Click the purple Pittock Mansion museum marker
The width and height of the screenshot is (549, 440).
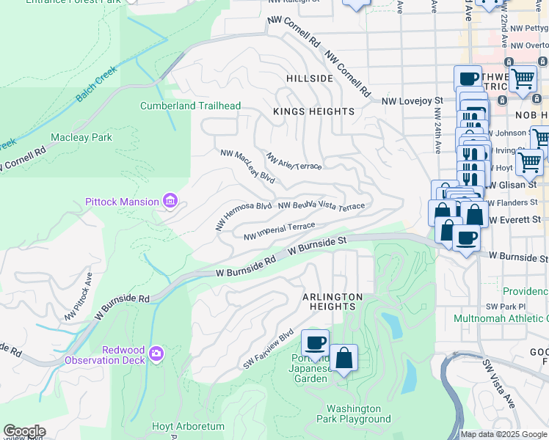170,200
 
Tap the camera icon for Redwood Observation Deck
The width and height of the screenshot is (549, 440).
156,355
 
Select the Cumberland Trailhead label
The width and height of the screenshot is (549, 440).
190,106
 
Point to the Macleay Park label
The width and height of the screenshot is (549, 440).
81,137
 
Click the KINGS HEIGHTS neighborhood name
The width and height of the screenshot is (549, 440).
313,111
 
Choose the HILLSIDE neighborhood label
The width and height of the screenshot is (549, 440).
310,78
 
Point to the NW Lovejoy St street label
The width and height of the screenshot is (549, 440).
412,100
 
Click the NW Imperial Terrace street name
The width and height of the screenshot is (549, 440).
279,231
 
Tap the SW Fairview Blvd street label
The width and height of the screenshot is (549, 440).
269,348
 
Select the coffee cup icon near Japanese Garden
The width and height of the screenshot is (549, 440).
316,342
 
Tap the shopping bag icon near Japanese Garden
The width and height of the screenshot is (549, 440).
343,358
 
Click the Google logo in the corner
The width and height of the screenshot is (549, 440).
24,431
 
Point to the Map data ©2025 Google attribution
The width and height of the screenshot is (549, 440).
503,434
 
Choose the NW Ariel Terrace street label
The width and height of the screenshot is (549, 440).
294,162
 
